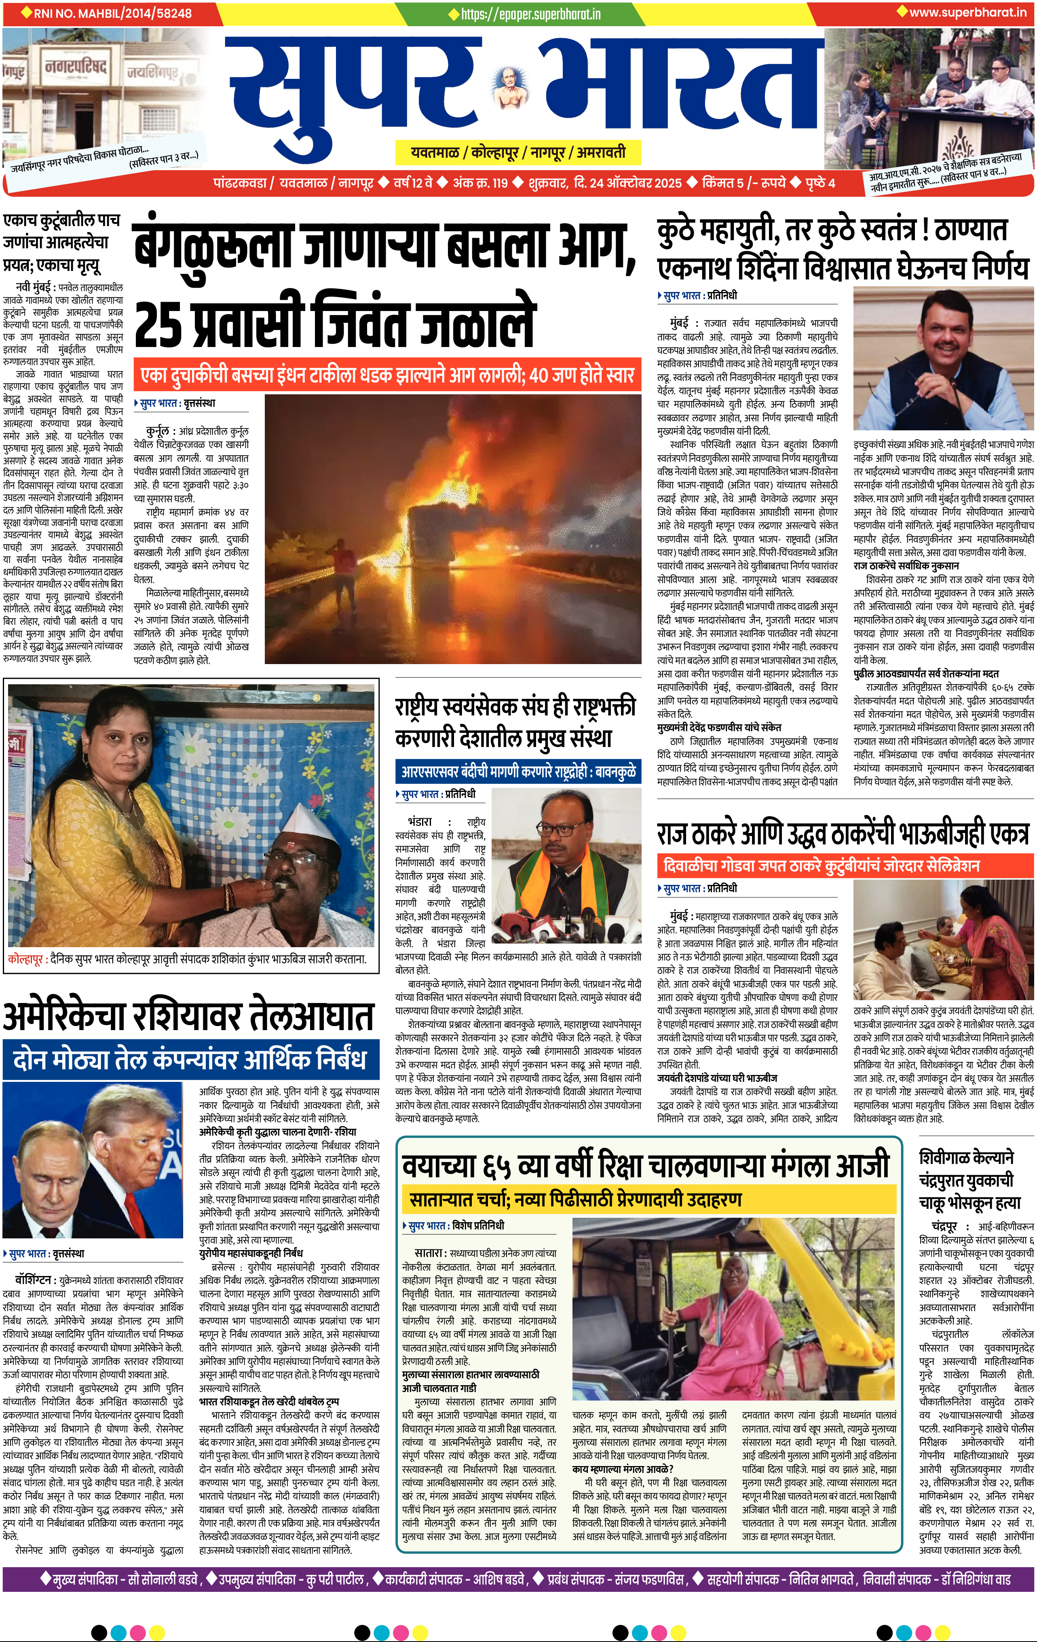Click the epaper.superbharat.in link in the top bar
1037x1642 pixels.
[x=530, y=14]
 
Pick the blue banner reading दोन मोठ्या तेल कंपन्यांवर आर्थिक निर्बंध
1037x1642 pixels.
[x=190, y=1059]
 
